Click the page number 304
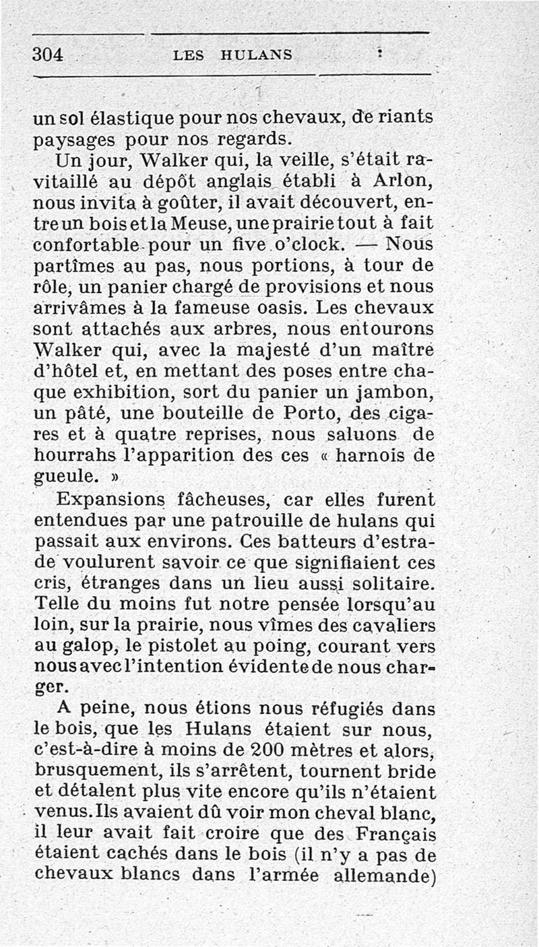coord(47,54)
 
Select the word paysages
coord(73,141)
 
